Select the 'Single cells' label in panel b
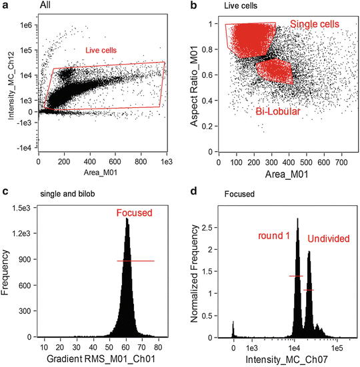pyautogui.click(x=315, y=24)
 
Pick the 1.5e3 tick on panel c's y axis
pyautogui.click(x=23, y=208)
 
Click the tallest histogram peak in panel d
pyautogui.click(x=297, y=220)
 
